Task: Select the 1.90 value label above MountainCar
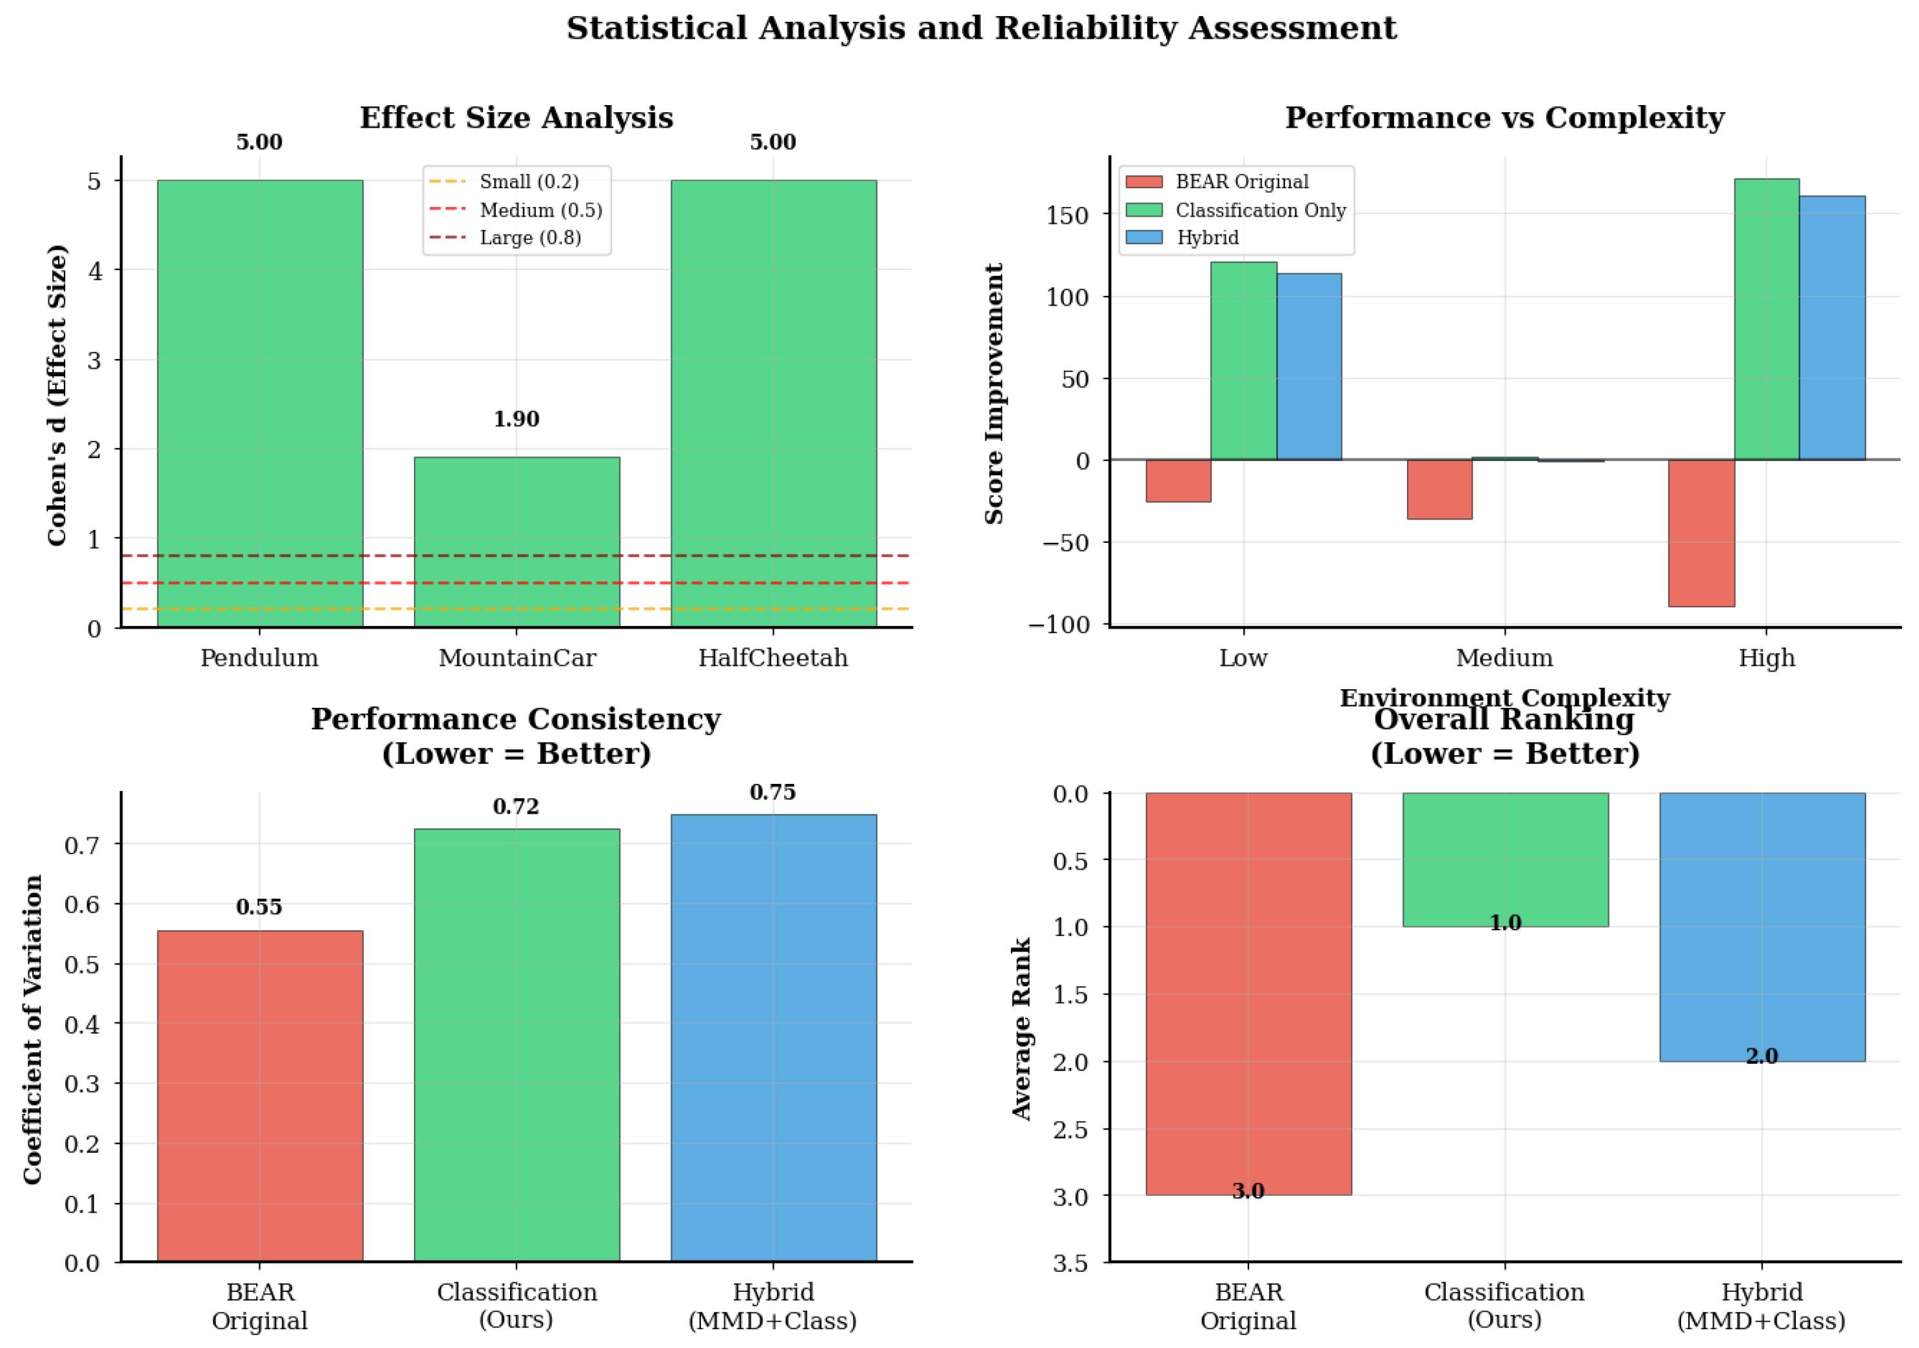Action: [517, 418]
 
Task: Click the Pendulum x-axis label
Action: [259, 659]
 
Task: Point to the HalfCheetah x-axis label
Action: [773, 659]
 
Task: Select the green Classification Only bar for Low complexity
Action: [1244, 361]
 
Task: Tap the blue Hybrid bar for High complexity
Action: [1832, 327]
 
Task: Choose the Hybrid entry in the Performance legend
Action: [1208, 238]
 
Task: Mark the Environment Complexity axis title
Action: [1504, 698]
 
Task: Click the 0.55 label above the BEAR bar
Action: [259, 907]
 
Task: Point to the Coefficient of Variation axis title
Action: [33, 1030]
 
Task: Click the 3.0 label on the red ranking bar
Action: [1248, 1191]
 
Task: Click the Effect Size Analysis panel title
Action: [517, 118]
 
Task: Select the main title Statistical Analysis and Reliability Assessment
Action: [981, 28]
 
